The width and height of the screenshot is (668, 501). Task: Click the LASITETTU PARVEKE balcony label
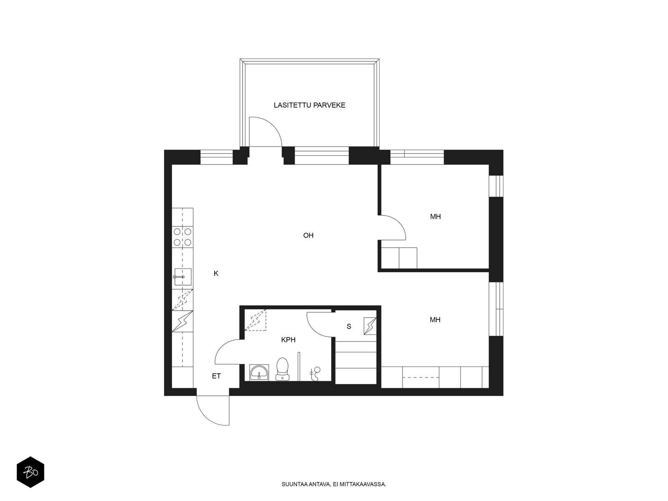pos(309,105)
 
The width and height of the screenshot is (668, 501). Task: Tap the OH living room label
pos(308,235)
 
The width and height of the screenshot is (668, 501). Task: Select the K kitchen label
pos(216,273)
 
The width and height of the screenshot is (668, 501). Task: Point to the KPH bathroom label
pos(288,340)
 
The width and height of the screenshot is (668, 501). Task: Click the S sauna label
pos(349,326)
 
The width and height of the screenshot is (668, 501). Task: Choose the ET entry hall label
pos(216,376)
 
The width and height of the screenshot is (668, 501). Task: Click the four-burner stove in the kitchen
pos(182,237)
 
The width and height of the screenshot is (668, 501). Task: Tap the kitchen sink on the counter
pos(182,277)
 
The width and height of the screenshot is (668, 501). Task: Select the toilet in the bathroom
pos(282,369)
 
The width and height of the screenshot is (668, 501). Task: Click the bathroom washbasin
pos(259,372)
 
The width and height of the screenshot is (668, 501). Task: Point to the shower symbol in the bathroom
pos(315,374)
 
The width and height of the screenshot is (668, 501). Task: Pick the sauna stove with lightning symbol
pos(370,326)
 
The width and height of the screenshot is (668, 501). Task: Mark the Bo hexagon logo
pos(30,472)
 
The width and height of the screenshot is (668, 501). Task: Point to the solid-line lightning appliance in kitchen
pos(182,321)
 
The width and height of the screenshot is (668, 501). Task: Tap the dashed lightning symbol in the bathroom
pos(256,320)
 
